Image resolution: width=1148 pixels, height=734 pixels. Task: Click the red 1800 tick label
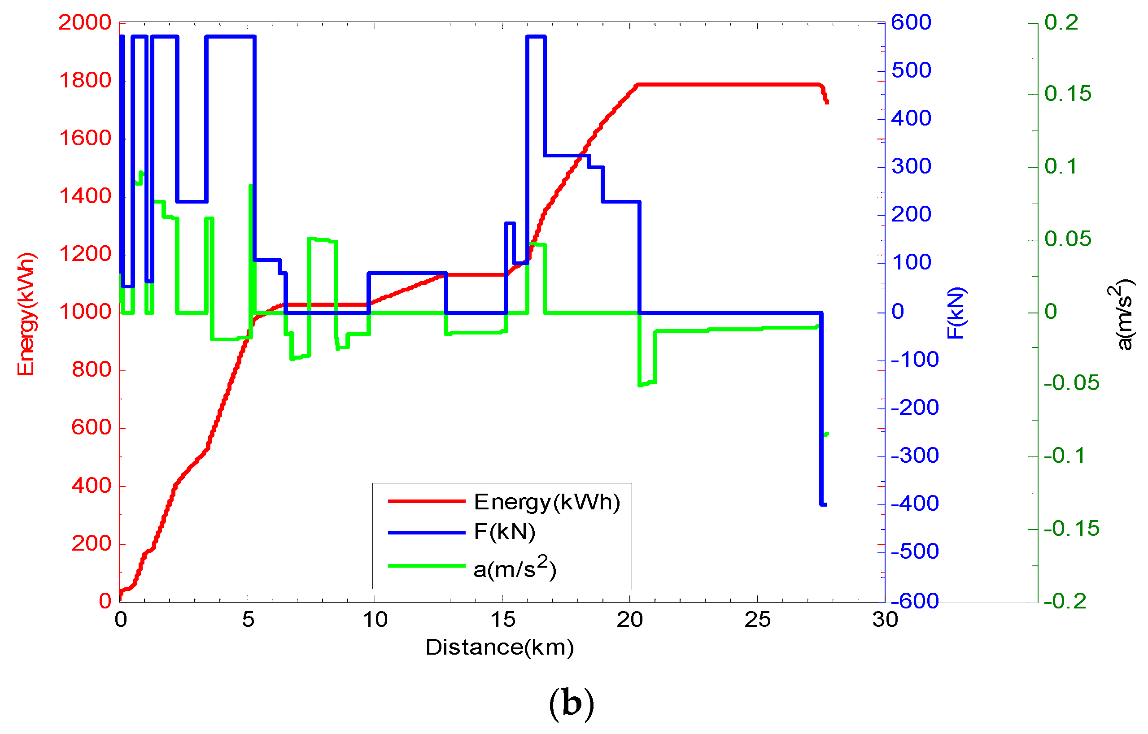click(x=85, y=80)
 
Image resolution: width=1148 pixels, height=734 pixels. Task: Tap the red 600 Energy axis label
click(x=91, y=427)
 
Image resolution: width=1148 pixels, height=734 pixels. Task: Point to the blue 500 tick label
click(x=911, y=70)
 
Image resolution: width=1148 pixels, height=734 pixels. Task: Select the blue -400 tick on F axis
click(x=914, y=504)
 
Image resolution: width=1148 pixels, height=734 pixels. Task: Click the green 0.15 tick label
click(x=1067, y=93)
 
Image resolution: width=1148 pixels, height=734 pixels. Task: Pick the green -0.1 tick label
click(x=1064, y=456)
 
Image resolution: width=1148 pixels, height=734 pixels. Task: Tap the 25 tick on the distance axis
click(x=757, y=620)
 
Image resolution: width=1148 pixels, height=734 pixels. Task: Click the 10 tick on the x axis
click(x=375, y=620)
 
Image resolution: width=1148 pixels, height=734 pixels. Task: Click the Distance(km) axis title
click(x=499, y=647)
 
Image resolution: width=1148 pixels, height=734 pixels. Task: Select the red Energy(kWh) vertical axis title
click(x=26, y=315)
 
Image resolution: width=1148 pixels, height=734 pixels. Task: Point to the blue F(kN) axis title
click(x=956, y=313)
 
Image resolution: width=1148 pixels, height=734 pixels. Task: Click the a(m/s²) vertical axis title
click(x=1123, y=315)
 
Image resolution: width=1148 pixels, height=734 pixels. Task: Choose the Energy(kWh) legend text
click(x=546, y=502)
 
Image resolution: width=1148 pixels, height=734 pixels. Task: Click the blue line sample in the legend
click(x=426, y=532)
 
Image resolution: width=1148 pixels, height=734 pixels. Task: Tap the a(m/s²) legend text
click(x=515, y=568)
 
